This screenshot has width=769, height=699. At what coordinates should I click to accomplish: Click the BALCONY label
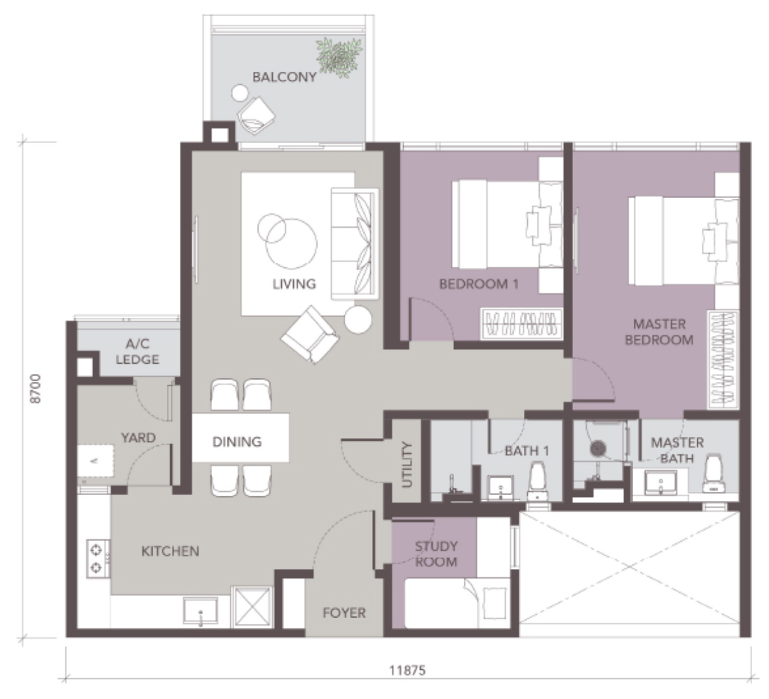[x=284, y=77]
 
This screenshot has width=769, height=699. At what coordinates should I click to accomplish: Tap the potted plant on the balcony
[x=339, y=57]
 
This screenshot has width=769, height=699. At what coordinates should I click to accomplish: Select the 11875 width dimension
[x=407, y=670]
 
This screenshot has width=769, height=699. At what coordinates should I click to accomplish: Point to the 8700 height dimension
[x=36, y=389]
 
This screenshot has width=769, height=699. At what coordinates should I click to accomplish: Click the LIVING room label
[x=294, y=283]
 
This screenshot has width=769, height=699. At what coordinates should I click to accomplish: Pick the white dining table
[x=241, y=438]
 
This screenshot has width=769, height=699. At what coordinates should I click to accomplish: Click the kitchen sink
[x=200, y=611]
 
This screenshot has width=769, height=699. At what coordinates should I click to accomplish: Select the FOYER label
[x=344, y=613]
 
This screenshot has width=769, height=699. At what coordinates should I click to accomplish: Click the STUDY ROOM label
[x=436, y=554]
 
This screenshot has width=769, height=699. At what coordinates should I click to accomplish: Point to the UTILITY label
[x=407, y=464]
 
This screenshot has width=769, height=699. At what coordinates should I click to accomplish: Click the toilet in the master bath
[x=714, y=474]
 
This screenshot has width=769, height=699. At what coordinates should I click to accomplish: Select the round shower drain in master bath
[x=598, y=448]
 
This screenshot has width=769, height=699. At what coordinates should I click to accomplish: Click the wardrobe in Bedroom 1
[x=521, y=324]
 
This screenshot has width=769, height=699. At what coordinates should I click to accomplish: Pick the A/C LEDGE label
[x=137, y=351]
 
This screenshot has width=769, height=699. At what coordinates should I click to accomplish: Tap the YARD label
[x=138, y=438]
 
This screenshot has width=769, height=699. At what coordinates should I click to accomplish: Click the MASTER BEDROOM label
[x=659, y=332]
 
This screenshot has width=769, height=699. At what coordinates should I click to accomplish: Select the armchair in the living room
[x=310, y=334]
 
